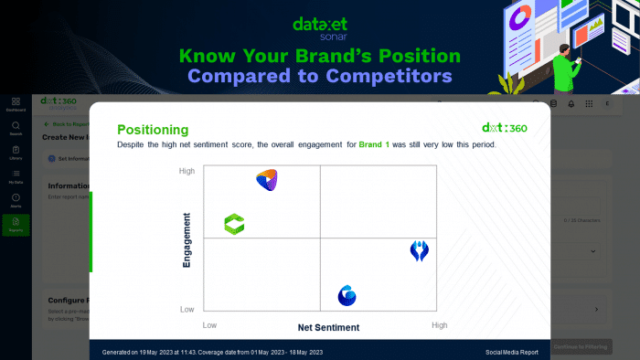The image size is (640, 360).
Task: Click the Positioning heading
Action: pos(153,130)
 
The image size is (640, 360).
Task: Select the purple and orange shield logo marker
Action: pos(266,179)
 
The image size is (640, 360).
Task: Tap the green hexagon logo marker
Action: pos(235,224)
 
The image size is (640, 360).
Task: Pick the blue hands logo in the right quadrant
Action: pos(419,251)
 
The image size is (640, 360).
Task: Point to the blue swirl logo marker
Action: pos(347,295)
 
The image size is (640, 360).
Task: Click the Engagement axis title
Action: pos(187,239)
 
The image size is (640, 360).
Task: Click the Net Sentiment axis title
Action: pos(328,327)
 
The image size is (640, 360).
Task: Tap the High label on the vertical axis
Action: pos(187,171)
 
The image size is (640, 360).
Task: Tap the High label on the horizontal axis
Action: pos(439,325)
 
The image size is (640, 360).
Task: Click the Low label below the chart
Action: pos(209,325)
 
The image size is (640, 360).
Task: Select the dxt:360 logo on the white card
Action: pos(504,128)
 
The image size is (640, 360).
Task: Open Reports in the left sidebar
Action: pos(16,225)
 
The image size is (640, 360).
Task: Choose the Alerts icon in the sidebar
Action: pos(16,200)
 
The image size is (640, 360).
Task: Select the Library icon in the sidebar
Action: pos(16,152)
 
